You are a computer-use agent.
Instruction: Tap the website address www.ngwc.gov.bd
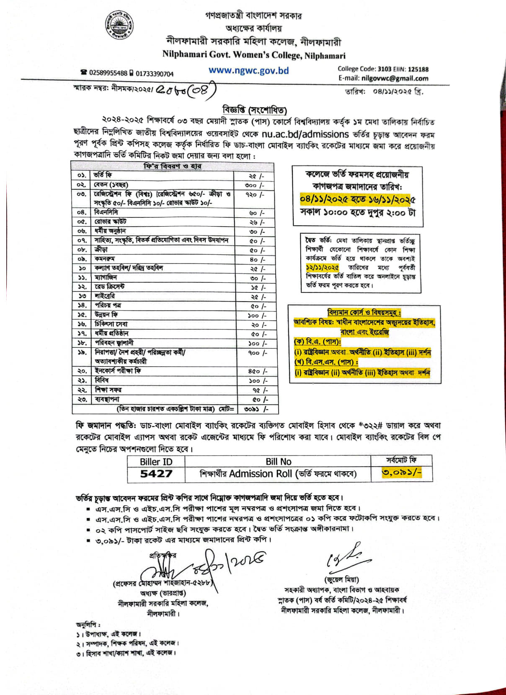point(249,70)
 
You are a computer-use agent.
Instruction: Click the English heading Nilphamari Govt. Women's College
point(254,55)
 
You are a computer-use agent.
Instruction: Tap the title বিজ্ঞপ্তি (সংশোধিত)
point(255,110)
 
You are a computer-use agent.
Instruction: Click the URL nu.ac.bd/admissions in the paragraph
point(305,134)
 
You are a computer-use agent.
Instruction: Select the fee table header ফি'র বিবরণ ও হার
point(173,166)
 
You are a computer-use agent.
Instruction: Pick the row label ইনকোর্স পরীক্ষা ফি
point(118,371)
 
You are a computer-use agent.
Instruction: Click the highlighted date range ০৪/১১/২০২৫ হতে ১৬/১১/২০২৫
point(358,199)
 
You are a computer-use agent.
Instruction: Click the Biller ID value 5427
point(156,474)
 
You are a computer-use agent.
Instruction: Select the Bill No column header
point(278,461)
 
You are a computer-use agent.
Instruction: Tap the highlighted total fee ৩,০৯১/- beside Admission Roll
point(401,473)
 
